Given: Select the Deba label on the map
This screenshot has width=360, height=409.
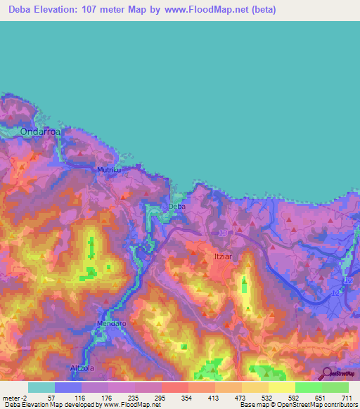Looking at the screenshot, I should click(x=176, y=207).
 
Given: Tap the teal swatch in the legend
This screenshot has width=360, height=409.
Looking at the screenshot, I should click(x=41, y=387).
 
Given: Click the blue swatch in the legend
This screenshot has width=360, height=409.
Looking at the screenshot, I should click(x=68, y=387).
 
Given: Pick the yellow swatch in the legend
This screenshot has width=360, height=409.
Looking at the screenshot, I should click(x=282, y=387).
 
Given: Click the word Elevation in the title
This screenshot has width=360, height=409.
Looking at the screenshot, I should click(x=63, y=11).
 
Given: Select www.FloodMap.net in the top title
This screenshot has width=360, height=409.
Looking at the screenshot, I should click(x=207, y=11).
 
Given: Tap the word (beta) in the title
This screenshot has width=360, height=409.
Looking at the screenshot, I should click(x=260, y=11).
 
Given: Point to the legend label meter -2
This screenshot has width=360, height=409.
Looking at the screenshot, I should click(x=14, y=398).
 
